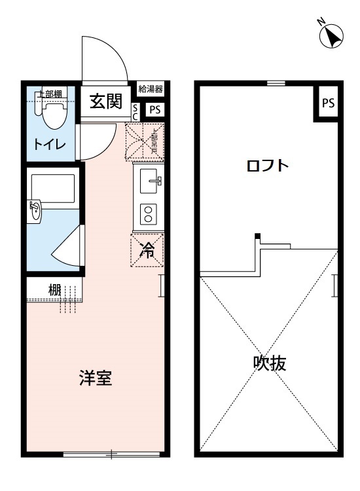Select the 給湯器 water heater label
(151, 90)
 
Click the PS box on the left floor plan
(154, 109)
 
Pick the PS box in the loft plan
(328, 103)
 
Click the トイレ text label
(49, 145)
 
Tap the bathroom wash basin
(35, 211)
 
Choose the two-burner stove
(149, 215)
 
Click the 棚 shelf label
(54, 289)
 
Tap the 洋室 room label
(94, 378)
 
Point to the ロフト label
(267, 165)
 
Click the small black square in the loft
(258, 236)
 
